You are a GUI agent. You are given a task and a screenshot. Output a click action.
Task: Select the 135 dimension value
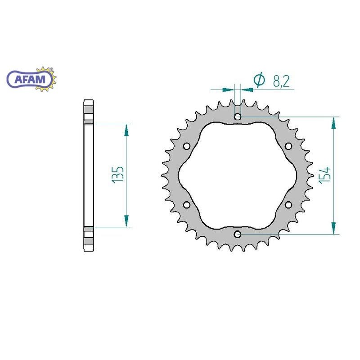point(117,175)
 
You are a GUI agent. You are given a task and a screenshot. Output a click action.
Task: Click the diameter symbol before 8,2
point(259,80)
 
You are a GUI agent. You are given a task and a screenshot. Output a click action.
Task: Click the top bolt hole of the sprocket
point(238,117)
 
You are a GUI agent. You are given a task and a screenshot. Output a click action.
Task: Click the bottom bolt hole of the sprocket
point(238,234)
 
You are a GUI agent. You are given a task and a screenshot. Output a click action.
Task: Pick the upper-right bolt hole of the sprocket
point(288,146)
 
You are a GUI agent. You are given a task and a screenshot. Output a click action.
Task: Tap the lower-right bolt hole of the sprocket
point(288,205)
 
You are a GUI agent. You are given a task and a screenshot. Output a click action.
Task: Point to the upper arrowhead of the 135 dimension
point(126,130)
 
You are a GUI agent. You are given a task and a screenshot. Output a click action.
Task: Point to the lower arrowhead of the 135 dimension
point(126,220)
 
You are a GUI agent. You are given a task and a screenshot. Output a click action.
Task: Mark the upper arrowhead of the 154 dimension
point(333,124)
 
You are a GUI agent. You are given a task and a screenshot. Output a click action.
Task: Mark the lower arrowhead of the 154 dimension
point(333,227)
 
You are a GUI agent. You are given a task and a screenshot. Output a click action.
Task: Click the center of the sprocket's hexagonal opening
point(238,175)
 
